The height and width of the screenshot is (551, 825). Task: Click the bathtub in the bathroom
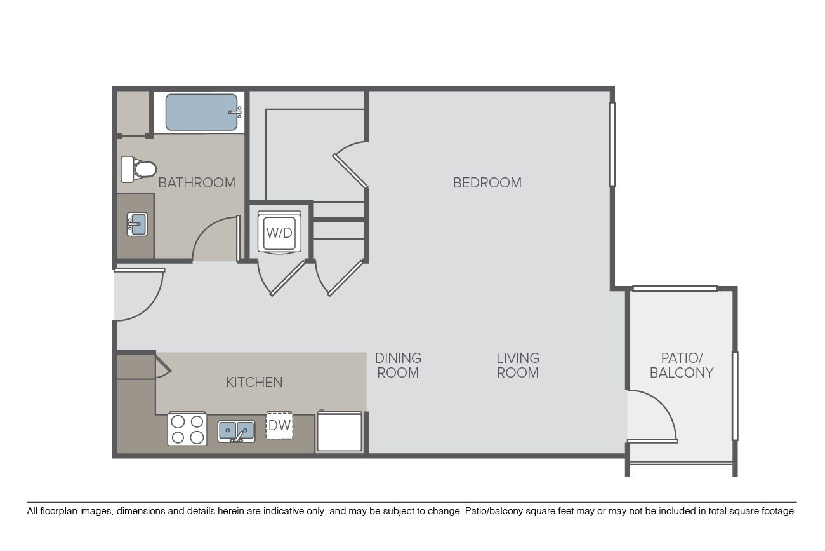pyautogui.click(x=201, y=112)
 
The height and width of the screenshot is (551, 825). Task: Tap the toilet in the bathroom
pyautogui.click(x=138, y=169)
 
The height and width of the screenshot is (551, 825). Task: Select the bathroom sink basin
pyautogui.click(x=137, y=224)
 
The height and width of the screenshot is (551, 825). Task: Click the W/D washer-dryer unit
pyautogui.click(x=279, y=233)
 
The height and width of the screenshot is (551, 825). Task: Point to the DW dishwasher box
pyautogui.click(x=279, y=425)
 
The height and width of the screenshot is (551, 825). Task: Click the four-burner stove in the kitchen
pyautogui.click(x=187, y=428)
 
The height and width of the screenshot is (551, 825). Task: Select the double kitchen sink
pyautogui.click(x=236, y=431)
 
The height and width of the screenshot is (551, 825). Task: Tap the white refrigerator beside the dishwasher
pyautogui.click(x=340, y=431)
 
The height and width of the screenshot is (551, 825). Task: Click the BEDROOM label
pyautogui.click(x=487, y=182)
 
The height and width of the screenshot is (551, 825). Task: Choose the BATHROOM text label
pyautogui.click(x=197, y=182)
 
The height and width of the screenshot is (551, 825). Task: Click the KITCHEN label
pyautogui.click(x=254, y=382)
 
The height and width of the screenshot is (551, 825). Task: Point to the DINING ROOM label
pyautogui.click(x=398, y=365)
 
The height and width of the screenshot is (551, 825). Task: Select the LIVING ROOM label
pyautogui.click(x=518, y=365)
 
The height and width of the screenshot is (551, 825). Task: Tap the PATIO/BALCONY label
pyautogui.click(x=682, y=365)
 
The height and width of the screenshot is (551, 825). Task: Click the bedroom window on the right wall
pyautogui.click(x=612, y=144)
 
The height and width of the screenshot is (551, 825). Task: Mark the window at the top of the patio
pyautogui.click(x=675, y=289)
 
